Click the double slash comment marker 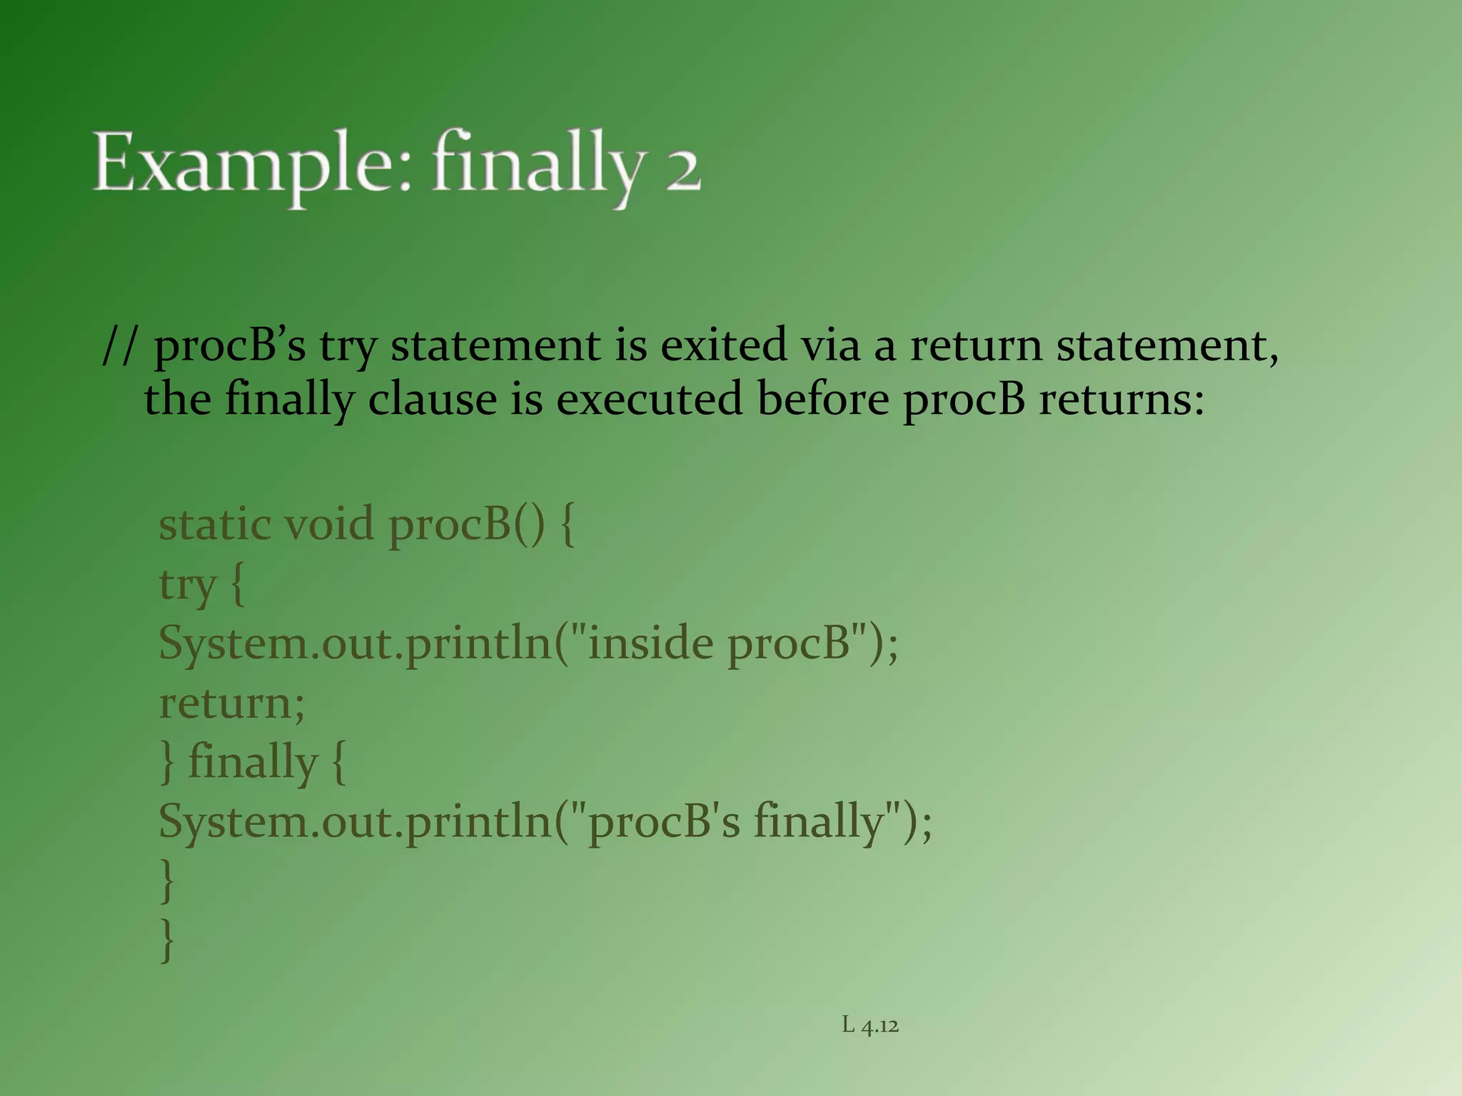click(119, 346)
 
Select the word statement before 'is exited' click(497, 345)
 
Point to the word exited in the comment click(722, 345)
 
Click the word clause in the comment click(432, 399)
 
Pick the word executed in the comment click(649, 399)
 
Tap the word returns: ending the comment click(1121, 399)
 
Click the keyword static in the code click(214, 524)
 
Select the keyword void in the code click(329, 524)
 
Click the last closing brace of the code click(167, 940)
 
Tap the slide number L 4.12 click(869, 1025)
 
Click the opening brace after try click(238, 585)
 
